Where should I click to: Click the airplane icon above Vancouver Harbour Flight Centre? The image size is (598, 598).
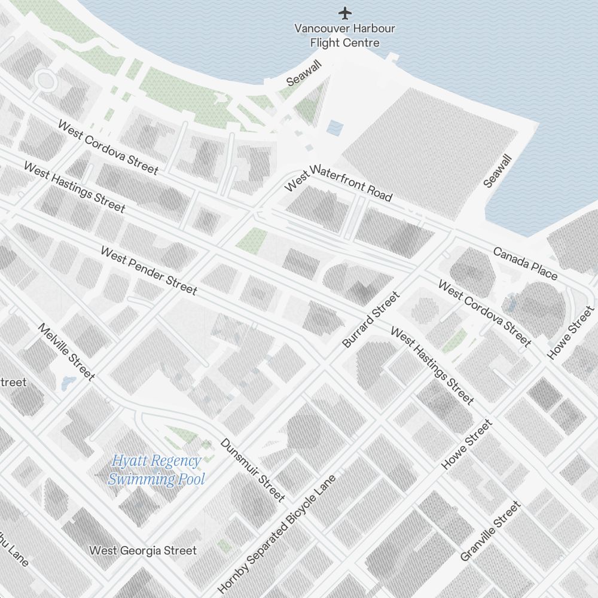click(x=345, y=12)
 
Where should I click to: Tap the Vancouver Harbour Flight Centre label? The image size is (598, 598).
click(x=345, y=35)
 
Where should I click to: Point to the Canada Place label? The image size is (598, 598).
click(x=525, y=263)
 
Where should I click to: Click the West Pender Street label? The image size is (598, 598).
click(x=148, y=271)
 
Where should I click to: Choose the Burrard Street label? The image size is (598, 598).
click(x=371, y=320)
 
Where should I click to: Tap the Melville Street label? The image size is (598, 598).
click(x=66, y=352)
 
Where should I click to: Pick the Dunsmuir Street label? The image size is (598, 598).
click(x=252, y=470)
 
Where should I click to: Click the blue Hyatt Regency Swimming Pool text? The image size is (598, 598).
click(x=156, y=469)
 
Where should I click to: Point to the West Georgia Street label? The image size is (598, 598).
click(x=143, y=550)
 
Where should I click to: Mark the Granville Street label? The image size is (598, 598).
click(x=490, y=531)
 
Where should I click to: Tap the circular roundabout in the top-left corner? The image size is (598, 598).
click(x=44, y=79)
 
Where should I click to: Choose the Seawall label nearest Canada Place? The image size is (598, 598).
click(x=498, y=171)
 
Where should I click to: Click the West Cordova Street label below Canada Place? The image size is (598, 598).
click(x=484, y=313)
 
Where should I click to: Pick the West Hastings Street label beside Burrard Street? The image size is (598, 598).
click(x=432, y=365)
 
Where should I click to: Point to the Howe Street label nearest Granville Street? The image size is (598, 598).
click(x=467, y=444)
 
